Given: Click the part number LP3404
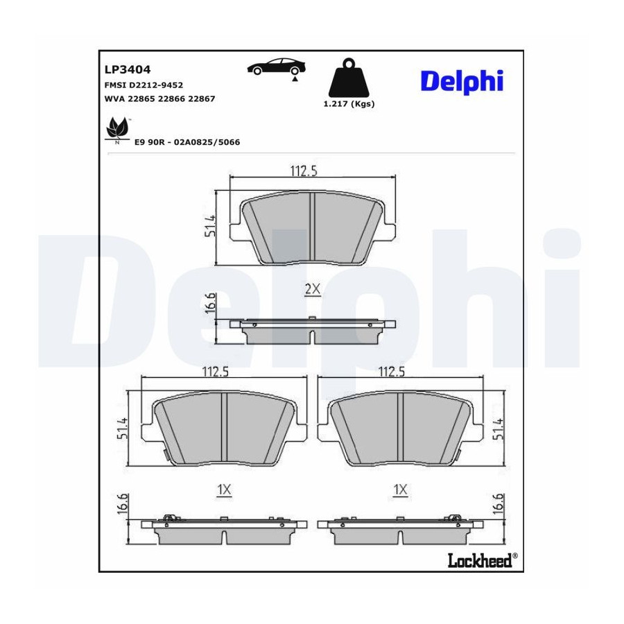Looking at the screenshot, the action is tap(128, 69).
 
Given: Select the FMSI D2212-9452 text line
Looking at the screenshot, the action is tap(144, 85).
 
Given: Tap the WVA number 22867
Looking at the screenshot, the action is tap(201, 98).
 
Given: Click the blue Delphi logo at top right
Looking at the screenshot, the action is tap(462, 82).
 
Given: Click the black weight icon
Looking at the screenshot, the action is tap(349, 79).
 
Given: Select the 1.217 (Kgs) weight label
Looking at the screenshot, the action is tap(349, 104).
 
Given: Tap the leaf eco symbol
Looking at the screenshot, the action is tap(117, 130).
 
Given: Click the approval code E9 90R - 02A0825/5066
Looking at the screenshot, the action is tap(187, 142).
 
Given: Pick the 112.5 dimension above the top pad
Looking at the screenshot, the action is tap(304, 171).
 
